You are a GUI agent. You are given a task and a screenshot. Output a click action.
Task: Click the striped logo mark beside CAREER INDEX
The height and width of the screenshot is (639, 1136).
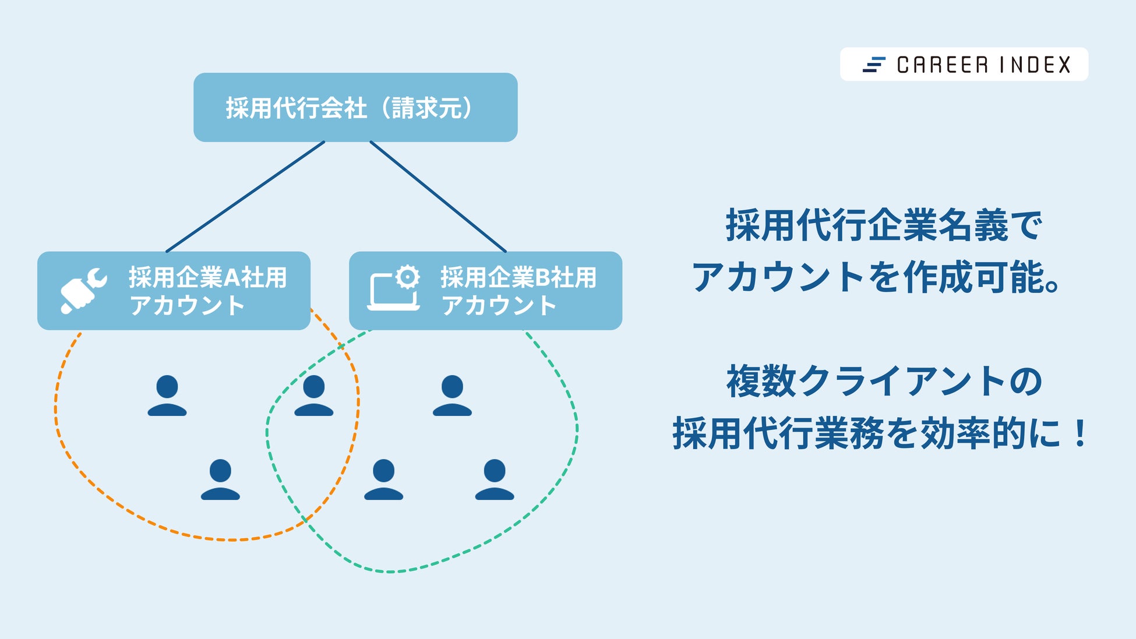coord(873,65)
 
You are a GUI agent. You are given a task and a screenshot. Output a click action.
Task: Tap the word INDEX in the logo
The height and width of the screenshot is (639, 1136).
coord(1035,65)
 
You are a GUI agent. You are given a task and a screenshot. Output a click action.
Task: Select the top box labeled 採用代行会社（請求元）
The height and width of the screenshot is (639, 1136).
coord(355,107)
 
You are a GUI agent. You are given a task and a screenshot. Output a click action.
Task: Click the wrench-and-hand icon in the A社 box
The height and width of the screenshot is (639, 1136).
coord(83,290)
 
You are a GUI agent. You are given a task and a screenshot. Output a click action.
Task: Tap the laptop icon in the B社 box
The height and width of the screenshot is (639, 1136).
coord(391,293)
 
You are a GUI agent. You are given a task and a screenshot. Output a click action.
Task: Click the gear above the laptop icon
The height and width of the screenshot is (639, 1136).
coord(407,277)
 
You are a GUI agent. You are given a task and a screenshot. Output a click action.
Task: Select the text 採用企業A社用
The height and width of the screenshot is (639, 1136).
coord(207,277)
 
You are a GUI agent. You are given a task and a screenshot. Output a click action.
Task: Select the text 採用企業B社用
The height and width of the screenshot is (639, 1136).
coord(518,277)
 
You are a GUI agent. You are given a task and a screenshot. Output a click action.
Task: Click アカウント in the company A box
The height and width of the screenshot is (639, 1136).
coord(186,306)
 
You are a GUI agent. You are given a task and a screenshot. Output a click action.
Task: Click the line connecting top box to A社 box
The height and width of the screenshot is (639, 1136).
coord(245,196)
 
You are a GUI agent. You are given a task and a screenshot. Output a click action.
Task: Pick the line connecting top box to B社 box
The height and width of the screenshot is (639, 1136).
coord(438,196)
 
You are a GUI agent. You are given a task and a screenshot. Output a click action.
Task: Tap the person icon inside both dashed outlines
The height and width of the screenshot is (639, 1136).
coord(313,396)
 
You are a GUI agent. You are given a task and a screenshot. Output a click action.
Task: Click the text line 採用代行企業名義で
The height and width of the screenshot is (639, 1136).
coord(883,225)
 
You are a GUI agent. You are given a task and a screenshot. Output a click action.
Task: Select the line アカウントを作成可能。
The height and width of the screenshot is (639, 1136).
coord(876,277)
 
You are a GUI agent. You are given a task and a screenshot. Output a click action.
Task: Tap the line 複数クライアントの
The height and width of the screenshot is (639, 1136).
coord(884,382)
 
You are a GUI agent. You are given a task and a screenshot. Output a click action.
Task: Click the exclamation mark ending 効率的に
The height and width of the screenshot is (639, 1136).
coord(1079,434)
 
